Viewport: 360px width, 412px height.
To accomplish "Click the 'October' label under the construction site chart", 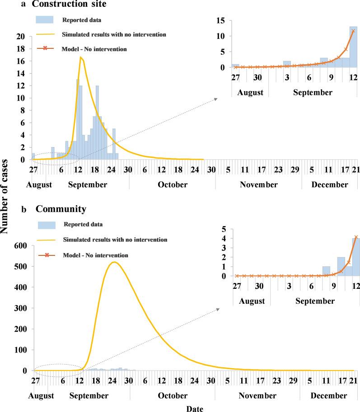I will tap(172, 185).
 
